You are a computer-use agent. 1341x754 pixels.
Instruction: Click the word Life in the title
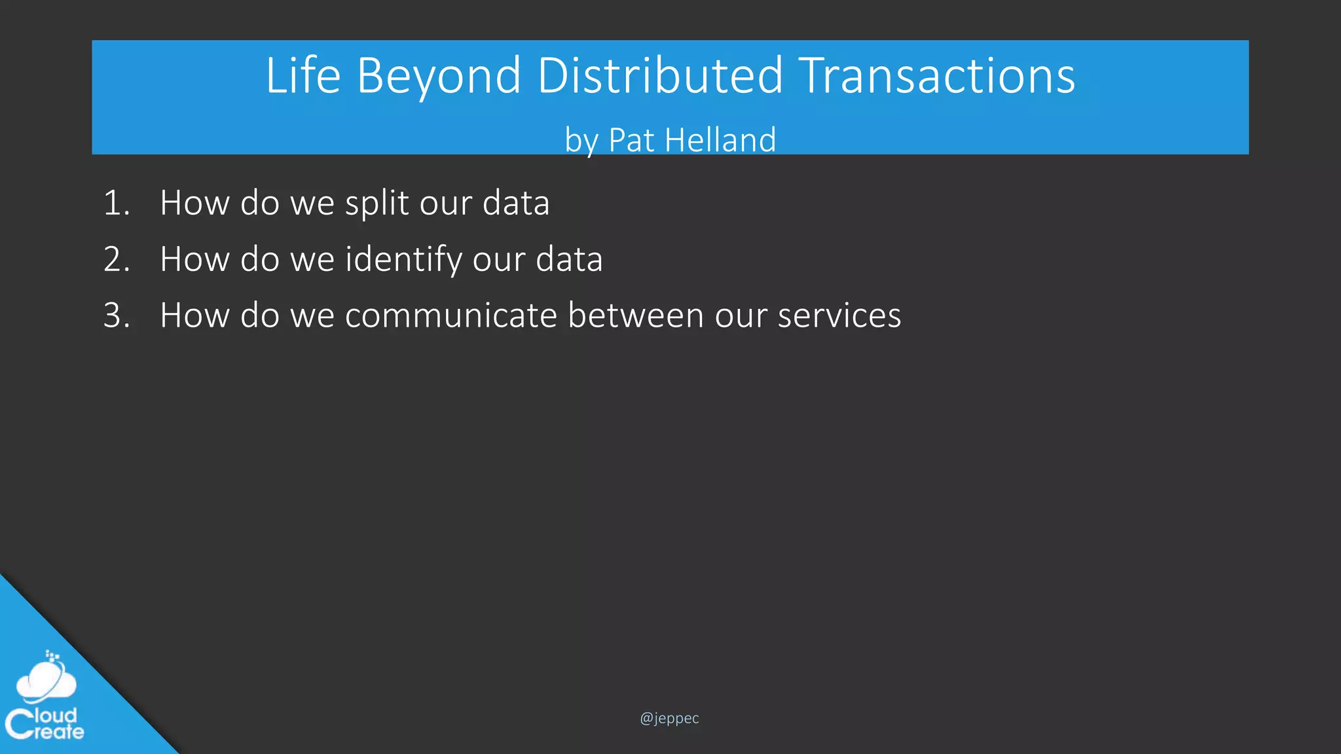303,76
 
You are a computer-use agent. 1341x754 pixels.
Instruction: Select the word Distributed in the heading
659,76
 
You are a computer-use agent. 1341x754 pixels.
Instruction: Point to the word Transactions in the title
936,76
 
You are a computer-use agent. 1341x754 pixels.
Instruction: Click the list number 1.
116,203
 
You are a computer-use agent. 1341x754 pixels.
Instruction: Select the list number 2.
116,259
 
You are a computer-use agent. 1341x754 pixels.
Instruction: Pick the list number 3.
116,315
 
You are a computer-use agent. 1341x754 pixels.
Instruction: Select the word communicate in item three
450,315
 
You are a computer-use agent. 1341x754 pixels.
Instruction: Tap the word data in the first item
516,203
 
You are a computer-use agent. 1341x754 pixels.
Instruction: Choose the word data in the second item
569,259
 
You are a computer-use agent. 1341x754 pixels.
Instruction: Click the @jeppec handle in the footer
669,719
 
